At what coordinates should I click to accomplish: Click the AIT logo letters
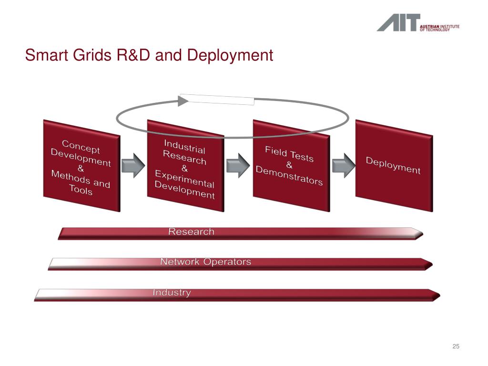(x=398, y=22)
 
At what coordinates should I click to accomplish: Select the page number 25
(x=456, y=346)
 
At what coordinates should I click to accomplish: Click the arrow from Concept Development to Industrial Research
(x=133, y=165)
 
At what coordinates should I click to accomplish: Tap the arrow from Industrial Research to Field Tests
(x=237, y=165)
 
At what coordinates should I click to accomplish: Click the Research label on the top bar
(x=191, y=232)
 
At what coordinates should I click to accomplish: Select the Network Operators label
(x=205, y=262)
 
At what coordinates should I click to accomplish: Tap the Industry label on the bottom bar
(x=172, y=293)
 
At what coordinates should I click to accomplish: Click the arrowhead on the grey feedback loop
(x=184, y=100)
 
